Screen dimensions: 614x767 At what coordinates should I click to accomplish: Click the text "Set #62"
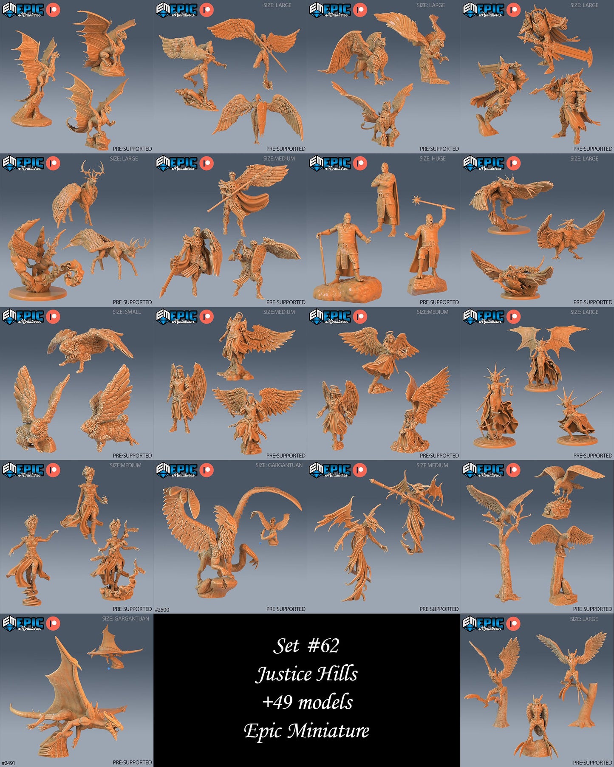point(306,646)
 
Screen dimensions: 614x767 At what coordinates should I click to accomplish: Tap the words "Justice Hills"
point(306,674)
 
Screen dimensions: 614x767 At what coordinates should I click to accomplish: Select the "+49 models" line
point(307,702)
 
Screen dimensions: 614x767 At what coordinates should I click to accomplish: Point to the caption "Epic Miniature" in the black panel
point(306,730)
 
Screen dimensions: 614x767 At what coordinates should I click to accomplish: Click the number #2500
point(162,609)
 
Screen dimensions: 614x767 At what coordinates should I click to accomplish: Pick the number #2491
point(8,763)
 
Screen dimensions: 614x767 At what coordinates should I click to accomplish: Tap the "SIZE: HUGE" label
point(433,158)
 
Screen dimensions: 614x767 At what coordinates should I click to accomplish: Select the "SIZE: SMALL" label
point(127,312)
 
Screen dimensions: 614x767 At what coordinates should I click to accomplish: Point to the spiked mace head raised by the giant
point(417,200)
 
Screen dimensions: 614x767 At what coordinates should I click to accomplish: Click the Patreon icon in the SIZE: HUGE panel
point(360,163)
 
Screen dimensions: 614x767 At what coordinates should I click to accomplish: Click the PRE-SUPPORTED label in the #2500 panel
point(286,609)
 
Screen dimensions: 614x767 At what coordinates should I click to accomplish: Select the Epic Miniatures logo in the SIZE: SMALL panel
point(23,317)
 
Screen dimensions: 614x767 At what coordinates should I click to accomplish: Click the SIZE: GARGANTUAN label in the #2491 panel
point(126,618)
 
